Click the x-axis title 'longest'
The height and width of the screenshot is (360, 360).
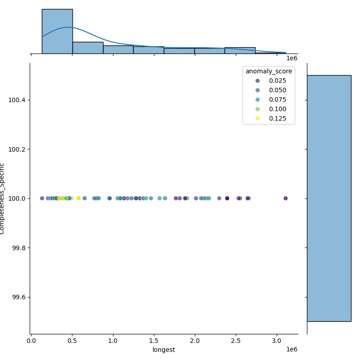point(164,350)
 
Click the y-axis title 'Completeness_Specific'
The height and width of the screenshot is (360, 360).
point(3,198)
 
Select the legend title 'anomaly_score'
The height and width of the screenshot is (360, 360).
point(269,71)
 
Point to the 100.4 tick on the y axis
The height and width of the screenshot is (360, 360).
point(17,100)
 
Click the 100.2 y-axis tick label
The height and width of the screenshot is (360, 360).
point(17,149)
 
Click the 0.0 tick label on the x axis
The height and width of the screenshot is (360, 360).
point(31,341)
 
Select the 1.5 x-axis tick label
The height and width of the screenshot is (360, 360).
point(154,341)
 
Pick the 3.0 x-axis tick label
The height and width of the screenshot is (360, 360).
point(277,341)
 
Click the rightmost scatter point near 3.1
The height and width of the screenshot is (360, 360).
point(285,198)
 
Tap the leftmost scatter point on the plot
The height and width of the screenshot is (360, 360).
point(42,198)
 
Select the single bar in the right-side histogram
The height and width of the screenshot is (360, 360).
point(329,198)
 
